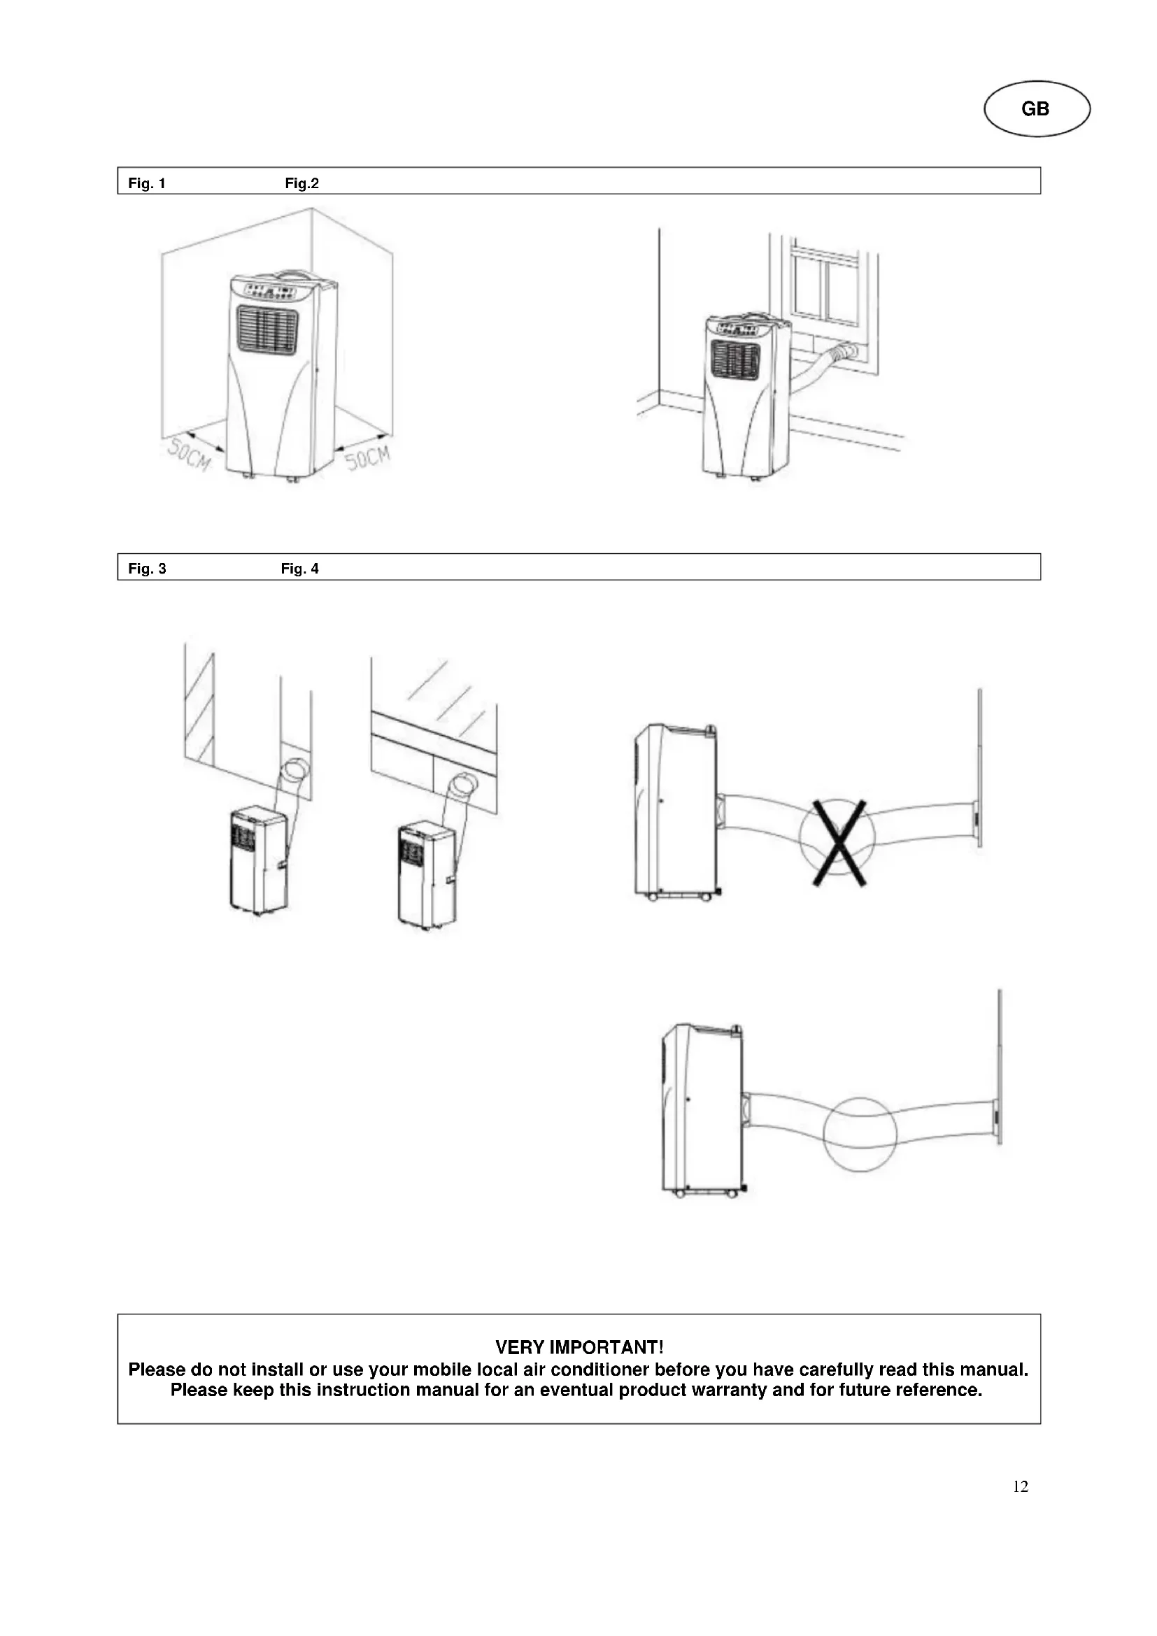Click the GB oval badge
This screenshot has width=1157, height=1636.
(x=1037, y=109)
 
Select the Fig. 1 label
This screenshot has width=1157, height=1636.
(x=147, y=183)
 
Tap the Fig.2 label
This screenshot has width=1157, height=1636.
(x=301, y=183)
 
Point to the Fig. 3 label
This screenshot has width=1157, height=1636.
(x=147, y=569)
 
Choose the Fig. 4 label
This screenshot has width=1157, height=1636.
(x=299, y=569)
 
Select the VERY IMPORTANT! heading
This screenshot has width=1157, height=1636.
(x=578, y=1347)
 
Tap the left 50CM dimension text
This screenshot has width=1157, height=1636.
(x=189, y=454)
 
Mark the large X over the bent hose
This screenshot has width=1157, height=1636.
(x=839, y=842)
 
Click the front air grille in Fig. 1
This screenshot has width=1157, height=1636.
(x=267, y=329)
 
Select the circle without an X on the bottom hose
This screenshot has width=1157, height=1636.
(x=859, y=1134)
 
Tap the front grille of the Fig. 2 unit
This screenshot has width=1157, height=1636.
(x=735, y=358)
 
